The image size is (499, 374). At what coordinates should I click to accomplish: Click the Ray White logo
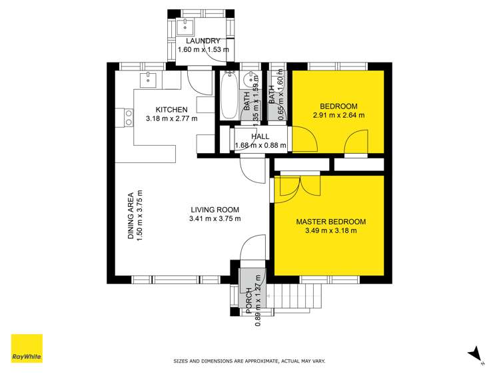pos(27,348)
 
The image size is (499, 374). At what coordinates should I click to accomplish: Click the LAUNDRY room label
pos(203,41)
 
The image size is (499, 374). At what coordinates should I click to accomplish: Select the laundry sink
pos(185,27)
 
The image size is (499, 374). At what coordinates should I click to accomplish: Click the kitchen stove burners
pos(129,118)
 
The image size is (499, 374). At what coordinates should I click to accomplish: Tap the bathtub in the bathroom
pos(229,95)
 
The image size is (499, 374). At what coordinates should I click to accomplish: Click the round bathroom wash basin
pos(249,79)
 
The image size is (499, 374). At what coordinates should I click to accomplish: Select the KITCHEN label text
pos(171,110)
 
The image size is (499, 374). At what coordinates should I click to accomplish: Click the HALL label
pos(260,136)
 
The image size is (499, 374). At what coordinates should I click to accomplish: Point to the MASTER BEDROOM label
pos(331,222)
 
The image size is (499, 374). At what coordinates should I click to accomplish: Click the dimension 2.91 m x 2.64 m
pos(338,115)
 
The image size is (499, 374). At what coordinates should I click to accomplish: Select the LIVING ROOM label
pos(215,210)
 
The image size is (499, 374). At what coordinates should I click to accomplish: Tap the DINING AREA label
pos(131,216)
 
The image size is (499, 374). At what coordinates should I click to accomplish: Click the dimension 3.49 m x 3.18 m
pos(331,231)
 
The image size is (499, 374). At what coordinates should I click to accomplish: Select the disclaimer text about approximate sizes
pos(249,361)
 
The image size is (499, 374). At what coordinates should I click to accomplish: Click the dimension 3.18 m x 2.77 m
pos(171,119)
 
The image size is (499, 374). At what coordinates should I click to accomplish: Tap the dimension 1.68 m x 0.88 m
pos(260,146)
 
